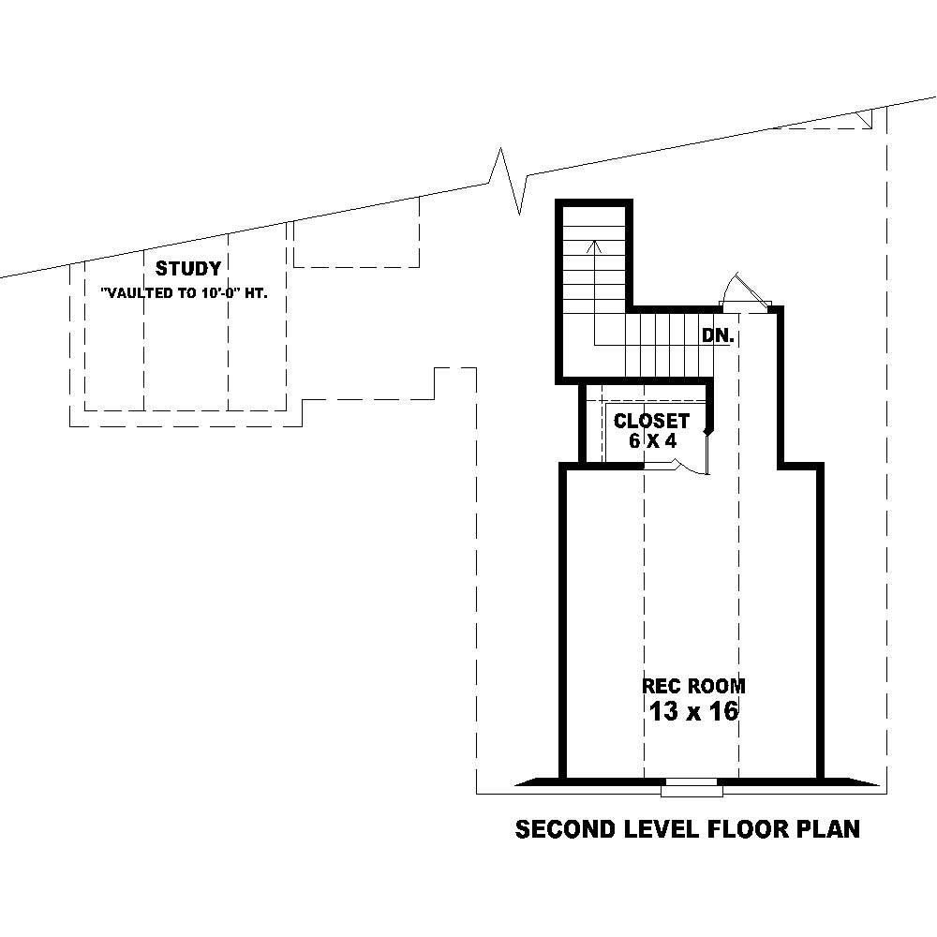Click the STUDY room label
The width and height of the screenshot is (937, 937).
(x=188, y=269)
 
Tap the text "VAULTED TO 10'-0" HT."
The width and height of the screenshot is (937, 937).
(x=185, y=293)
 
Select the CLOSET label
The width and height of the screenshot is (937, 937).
(x=651, y=422)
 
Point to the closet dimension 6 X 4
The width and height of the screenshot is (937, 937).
(x=652, y=441)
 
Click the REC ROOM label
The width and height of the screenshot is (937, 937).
(x=693, y=686)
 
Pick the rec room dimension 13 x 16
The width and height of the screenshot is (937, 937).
(x=693, y=712)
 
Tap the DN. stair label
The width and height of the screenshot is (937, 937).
(x=717, y=335)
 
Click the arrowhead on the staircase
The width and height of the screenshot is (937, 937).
(x=593, y=246)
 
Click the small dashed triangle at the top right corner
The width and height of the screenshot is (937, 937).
(x=863, y=119)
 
